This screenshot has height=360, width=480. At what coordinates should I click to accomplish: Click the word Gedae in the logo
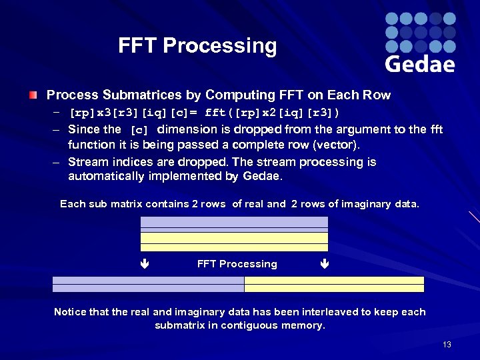(420, 64)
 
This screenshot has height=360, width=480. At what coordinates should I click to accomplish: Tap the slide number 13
(447, 344)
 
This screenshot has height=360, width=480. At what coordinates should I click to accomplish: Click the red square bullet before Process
(33, 95)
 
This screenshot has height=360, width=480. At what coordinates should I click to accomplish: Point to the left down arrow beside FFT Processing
(144, 264)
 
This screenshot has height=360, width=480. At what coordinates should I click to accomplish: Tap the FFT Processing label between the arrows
(237, 264)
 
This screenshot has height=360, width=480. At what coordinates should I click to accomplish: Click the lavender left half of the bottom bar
(148, 285)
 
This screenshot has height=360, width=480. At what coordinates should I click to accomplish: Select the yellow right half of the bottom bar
(334, 285)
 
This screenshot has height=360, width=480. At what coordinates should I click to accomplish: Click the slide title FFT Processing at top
(197, 46)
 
